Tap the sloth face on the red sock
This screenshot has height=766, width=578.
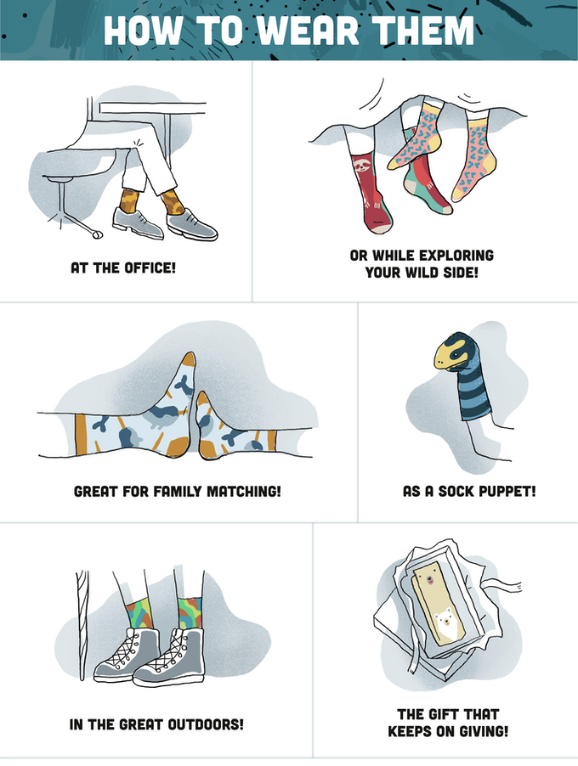(x=362, y=165)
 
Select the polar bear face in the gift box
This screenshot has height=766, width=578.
(x=446, y=622)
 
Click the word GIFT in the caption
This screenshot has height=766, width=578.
(x=444, y=715)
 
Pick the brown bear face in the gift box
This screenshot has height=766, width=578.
(x=429, y=579)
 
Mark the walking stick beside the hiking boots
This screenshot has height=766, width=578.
(x=82, y=625)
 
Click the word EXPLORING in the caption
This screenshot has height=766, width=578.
(x=456, y=256)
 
